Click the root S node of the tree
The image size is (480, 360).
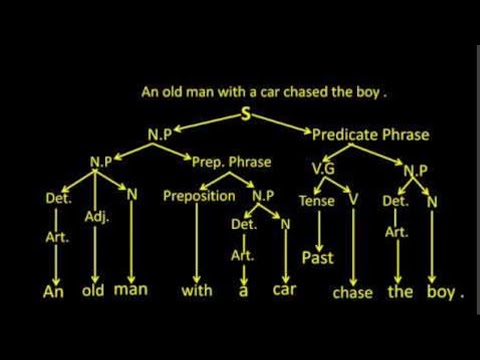point(245,116)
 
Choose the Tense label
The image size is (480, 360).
point(316,200)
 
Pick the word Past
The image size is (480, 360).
point(317,258)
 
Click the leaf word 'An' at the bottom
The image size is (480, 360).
point(54,293)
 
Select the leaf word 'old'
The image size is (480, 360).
point(95,292)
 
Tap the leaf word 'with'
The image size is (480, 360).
point(197,293)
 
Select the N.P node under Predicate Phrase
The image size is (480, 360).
point(415,170)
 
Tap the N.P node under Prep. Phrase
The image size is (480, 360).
point(262,197)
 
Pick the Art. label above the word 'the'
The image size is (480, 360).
point(397,232)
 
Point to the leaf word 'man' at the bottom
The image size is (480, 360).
point(132,292)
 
